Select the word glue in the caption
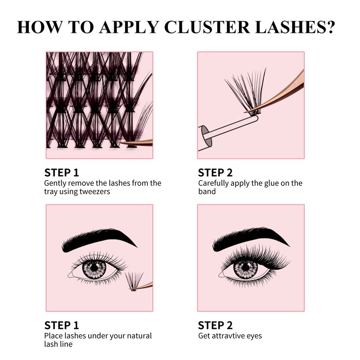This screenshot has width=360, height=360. [x=268, y=183]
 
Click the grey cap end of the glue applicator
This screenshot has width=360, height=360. [x=203, y=135]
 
